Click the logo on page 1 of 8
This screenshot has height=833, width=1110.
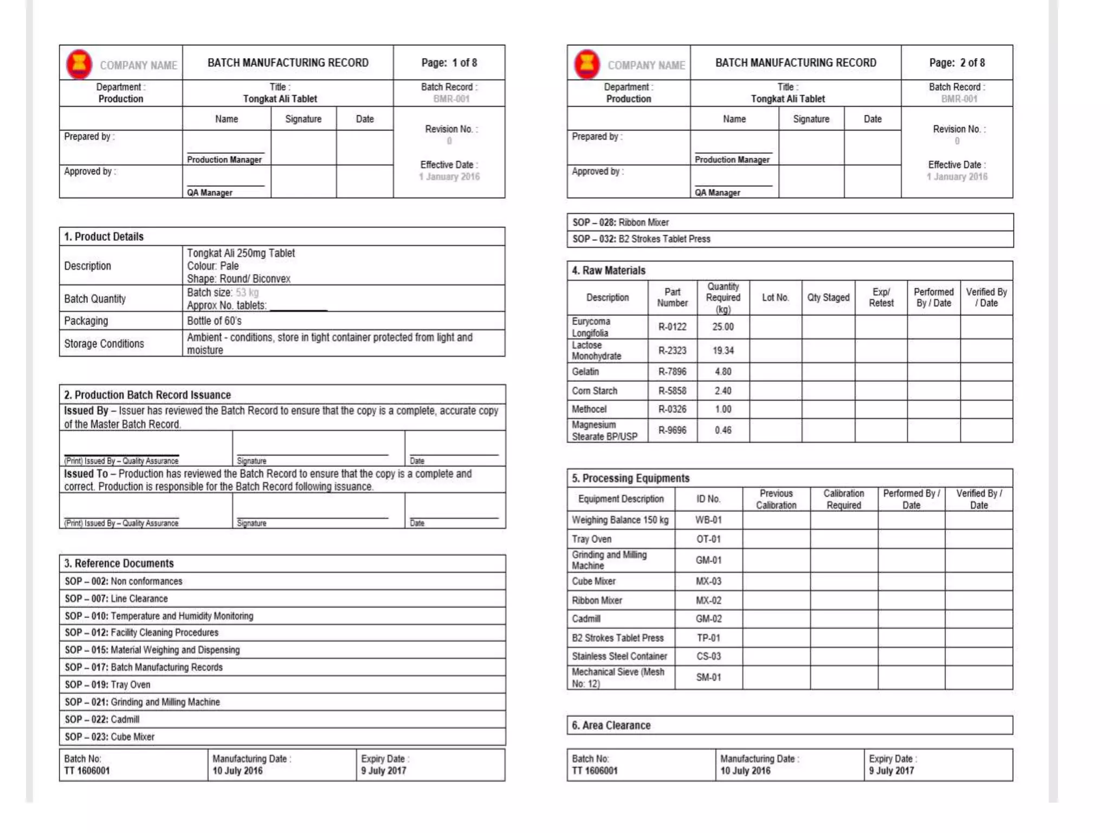click(79, 63)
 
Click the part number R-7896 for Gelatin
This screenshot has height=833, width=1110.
click(672, 372)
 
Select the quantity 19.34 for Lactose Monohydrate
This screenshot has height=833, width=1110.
click(723, 351)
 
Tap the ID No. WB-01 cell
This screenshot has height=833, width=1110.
click(708, 520)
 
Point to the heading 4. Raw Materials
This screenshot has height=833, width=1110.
click(609, 271)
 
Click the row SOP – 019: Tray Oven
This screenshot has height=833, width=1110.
click(107, 685)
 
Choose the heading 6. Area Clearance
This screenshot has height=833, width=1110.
click(611, 726)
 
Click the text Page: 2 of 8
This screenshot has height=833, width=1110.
click(957, 63)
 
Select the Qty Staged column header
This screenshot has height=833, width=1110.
click(828, 298)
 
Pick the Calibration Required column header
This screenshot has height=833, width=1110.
click(843, 499)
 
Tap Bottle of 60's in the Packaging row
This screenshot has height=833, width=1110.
click(214, 321)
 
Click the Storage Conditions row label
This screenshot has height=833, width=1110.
click(104, 344)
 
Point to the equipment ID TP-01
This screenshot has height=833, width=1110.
click(708, 638)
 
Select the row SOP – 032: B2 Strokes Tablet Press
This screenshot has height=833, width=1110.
click(641, 239)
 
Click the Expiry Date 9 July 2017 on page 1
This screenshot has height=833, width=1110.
click(383, 771)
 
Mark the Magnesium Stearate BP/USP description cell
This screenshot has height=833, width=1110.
click(604, 431)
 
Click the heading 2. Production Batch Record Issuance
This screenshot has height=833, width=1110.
click(147, 395)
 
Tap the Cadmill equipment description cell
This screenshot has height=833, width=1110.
click(586, 619)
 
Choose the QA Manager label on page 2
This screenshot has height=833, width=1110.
click(717, 193)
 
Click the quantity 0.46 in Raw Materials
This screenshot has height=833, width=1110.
click(723, 431)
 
